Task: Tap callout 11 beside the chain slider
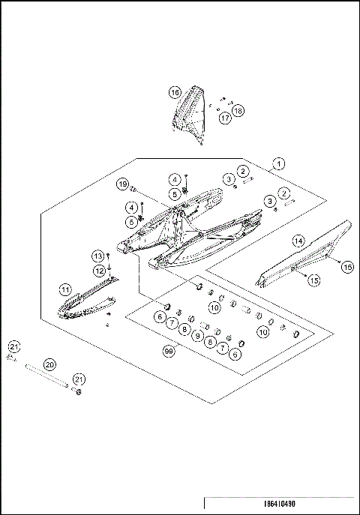coord(66,289)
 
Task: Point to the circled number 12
coord(99,270)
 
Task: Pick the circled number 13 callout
coord(97,256)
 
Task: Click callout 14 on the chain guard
coord(298,241)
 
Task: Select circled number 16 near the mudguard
coord(174,92)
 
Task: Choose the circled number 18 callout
coord(238,111)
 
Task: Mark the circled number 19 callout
coord(122,184)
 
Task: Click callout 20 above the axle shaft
coord(50,364)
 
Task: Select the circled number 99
coord(169,350)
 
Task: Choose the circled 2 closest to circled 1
coord(244,172)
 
